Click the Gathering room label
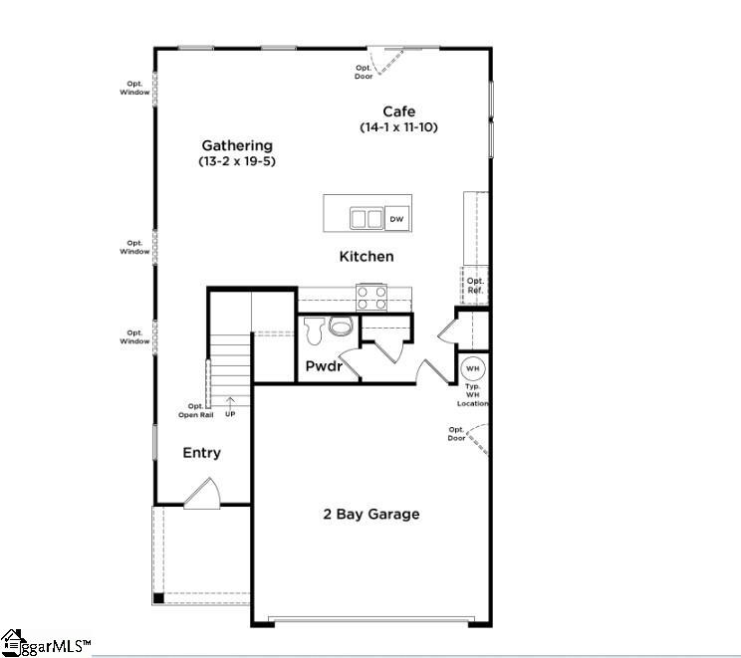(237, 145)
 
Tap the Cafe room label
(398, 111)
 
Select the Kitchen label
(367, 256)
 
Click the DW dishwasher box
(396, 219)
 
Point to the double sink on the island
(367, 218)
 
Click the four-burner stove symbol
(371, 298)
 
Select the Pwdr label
(324, 366)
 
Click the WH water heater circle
(472, 367)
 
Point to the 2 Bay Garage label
(370, 514)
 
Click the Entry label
(201, 453)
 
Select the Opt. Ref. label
(475, 285)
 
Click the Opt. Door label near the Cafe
(365, 72)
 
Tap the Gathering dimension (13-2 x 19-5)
(237, 161)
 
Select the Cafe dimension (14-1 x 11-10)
(398, 127)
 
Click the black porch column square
(157, 598)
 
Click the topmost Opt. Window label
(135, 88)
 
